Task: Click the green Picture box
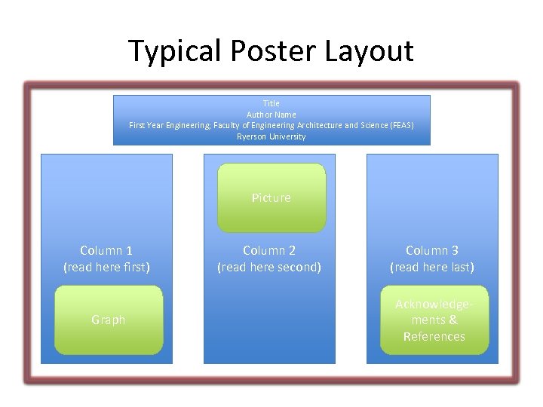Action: point(271,197)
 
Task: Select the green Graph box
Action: point(109,320)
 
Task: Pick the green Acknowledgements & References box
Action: point(434,320)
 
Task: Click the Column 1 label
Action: point(106,250)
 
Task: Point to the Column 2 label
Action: point(269,250)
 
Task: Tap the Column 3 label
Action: point(432,250)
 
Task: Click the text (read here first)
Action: point(106,267)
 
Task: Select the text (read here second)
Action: point(269,267)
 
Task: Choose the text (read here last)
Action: point(432,267)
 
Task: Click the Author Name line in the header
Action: point(271,115)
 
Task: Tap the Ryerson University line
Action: point(271,136)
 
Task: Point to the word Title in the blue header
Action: point(271,103)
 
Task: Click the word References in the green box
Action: point(434,336)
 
